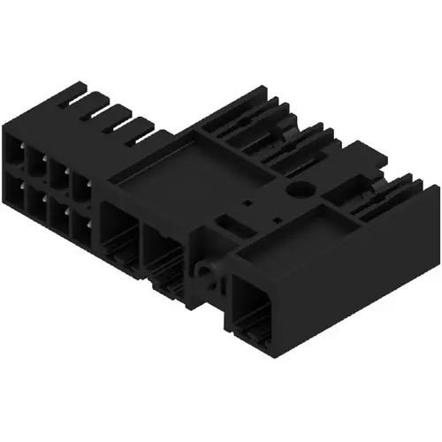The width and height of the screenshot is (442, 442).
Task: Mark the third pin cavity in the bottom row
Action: point(58,211)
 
